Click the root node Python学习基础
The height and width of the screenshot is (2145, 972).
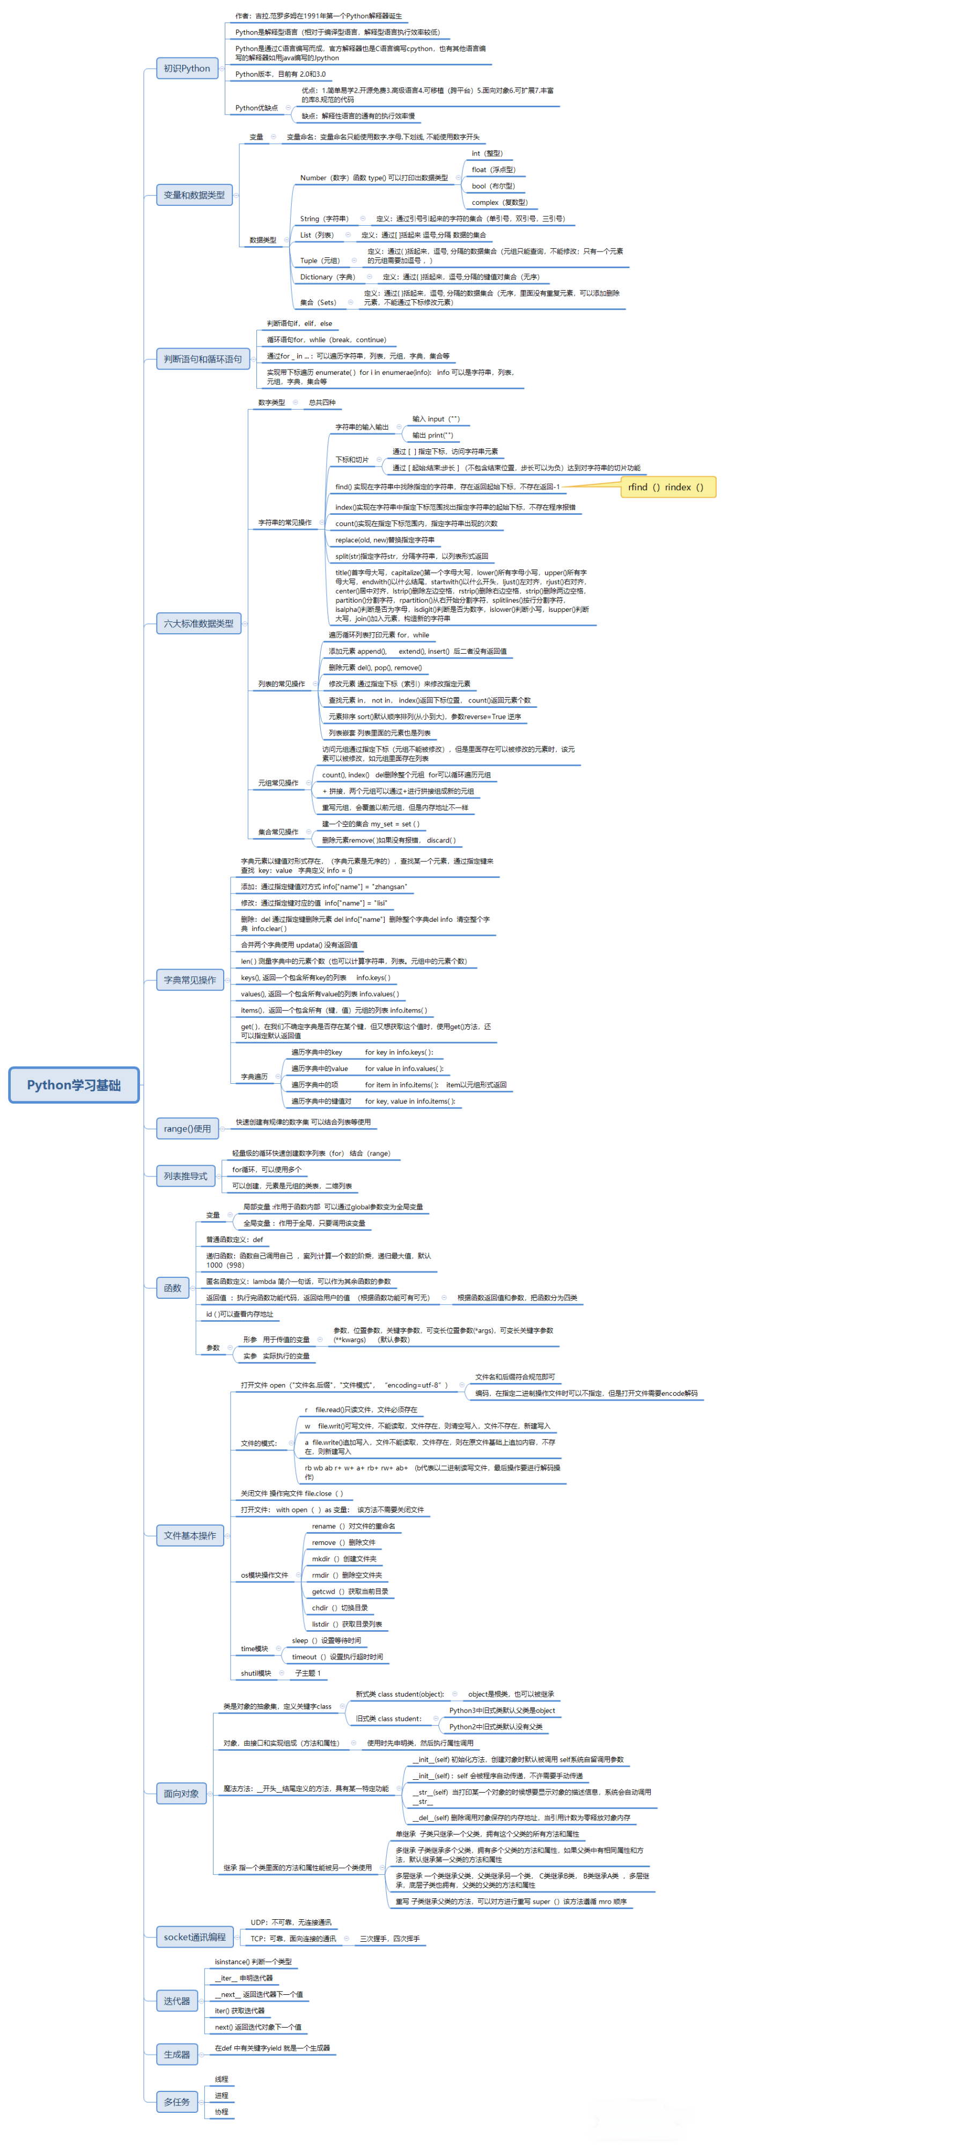[x=73, y=1085]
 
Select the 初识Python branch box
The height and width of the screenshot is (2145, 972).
[x=187, y=68]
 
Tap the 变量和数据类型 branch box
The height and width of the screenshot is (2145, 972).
[x=194, y=195]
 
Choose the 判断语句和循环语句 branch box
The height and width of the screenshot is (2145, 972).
[x=202, y=359]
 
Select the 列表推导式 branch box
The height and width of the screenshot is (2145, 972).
[x=185, y=1176]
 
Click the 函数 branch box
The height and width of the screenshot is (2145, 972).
[x=172, y=1288]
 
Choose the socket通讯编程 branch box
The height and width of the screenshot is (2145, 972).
[x=194, y=1937]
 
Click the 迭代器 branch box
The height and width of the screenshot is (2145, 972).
[x=176, y=2001]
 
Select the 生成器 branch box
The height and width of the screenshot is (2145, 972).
[x=176, y=2054]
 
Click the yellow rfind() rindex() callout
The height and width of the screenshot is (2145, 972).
[x=667, y=487]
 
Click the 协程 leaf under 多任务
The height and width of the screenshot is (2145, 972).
[x=222, y=2112]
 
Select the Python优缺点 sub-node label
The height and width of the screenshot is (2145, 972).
[x=256, y=107]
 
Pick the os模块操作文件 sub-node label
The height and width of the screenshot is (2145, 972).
[x=264, y=1574]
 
